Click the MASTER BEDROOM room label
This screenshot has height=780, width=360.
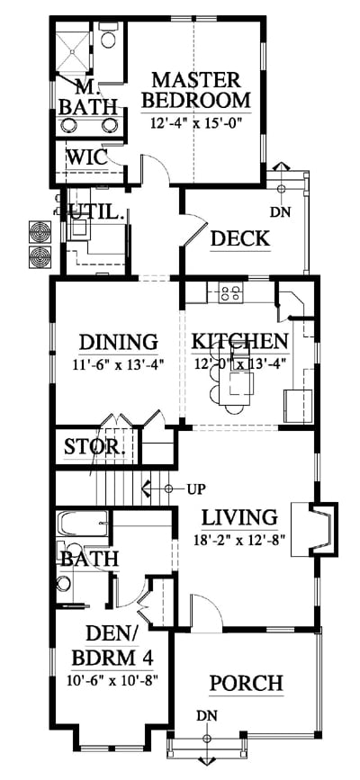(x=196, y=90)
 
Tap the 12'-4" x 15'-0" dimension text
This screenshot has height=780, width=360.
(x=195, y=122)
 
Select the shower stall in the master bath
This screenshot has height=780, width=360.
(x=72, y=52)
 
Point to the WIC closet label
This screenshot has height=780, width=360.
(x=87, y=157)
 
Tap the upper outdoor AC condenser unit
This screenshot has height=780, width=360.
(x=40, y=232)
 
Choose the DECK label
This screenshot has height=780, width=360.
(x=240, y=239)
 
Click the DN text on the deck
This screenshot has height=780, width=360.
(x=280, y=212)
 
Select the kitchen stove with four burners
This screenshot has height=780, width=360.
(x=231, y=292)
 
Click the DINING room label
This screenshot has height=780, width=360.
(x=119, y=342)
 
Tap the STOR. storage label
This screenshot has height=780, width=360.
(x=94, y=447)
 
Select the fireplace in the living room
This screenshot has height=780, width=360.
(x=315, y=529)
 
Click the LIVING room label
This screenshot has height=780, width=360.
(x=239, y=517)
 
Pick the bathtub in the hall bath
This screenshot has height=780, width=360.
(x=82, y=524)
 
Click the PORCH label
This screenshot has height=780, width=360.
(x=246, y=683)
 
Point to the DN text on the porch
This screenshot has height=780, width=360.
(x=207, y=716)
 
